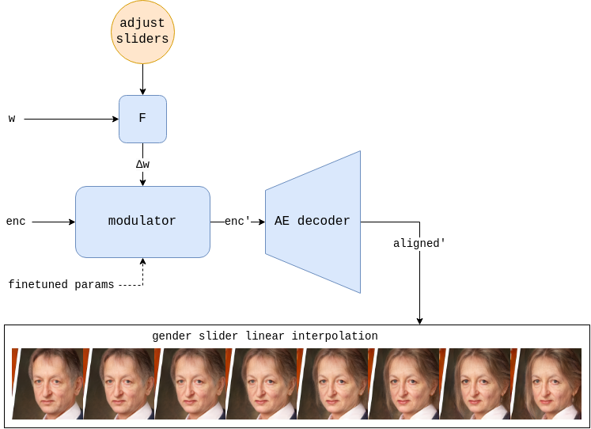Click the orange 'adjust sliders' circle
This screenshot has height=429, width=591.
pyautogui.click(x=142, y=32)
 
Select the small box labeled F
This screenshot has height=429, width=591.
pyautogui.click(x=142, y=119)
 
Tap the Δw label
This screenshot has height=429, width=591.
pyautogui.click(x=142, y=165)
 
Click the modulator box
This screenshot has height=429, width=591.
pyautogui.click(x=142, y=222)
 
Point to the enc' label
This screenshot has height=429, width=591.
pyautogui.click(x=237, y=222)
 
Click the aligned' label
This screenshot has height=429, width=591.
pyautogui.click(x=419, y=244)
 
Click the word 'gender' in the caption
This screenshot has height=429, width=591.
pyautogui.click(x=172, y=336)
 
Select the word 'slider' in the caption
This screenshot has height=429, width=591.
pyautogui.click(x=218, y=336)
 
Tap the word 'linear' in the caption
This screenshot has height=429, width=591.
pyautogui.click(x=265, y=336)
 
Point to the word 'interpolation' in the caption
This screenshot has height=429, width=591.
pyautogui.click(x=335, y=336)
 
